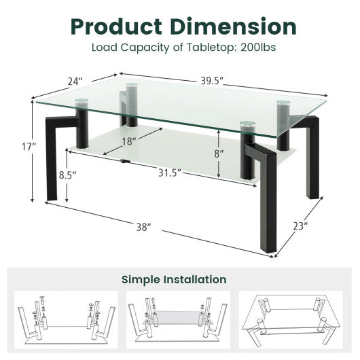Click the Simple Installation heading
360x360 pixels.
click(174, 278)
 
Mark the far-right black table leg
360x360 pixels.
click(313, 160)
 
